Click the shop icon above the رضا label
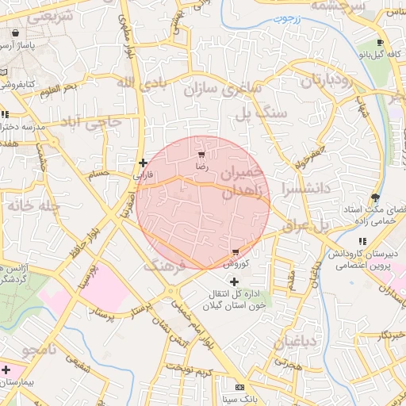click(201, 154)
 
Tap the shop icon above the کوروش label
click(236, 251)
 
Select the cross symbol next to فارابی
click(143, 163)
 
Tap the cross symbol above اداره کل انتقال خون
click(233, 282)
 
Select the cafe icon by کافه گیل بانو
click(380, 43)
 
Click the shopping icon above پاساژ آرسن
click(17, 33)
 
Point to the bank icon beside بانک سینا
click(239, 387)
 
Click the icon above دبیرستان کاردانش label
click(362, 241)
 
